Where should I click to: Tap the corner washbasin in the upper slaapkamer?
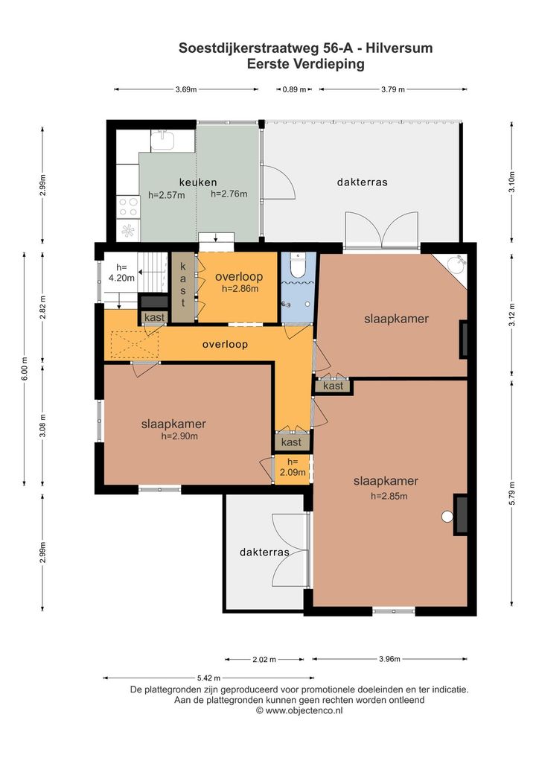coord(456,264)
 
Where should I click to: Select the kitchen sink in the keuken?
coord(162,140)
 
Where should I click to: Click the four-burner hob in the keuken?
coord(128,207)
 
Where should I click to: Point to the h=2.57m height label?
coord(166,195)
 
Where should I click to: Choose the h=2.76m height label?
coord(229,194)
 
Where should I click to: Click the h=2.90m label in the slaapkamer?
coord(179,436)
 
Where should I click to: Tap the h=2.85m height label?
coord(389,496)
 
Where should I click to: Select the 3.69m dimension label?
coord(186,89)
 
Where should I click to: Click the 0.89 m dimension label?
coord(294,89)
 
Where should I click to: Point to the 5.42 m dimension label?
coord(208,678)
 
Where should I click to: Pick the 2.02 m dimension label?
coord(264,660)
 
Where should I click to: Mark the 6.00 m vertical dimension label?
coord(24,369)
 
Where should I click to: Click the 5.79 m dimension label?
coord(512,494)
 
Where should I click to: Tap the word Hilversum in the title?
coord(399,48)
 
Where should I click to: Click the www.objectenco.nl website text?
coord(304,710)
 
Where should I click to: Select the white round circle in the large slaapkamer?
coord(447,517)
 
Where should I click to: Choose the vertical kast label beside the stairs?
coord(183,285)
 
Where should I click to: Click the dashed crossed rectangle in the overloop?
coord(135,345)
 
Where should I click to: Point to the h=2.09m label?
coord(293,467)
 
